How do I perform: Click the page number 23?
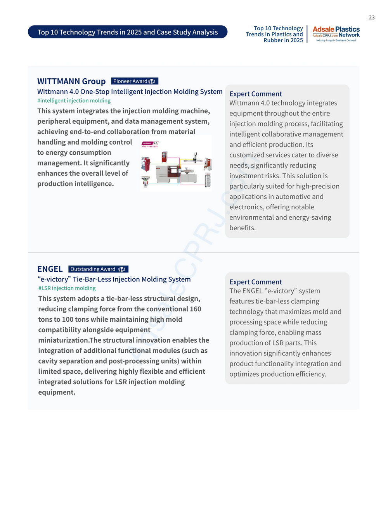371,17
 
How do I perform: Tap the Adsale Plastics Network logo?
336,34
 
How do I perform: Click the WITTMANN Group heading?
71,81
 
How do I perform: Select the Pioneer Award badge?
135,81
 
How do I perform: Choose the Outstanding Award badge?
98,269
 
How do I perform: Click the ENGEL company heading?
50,269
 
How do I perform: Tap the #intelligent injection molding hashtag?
74,101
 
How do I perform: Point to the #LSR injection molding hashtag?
67,288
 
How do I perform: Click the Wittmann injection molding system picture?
176,164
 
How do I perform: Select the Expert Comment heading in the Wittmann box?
256,94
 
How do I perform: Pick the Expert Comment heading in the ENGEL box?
256,282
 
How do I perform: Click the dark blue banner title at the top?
128,32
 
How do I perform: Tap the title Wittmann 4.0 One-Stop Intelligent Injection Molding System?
130,91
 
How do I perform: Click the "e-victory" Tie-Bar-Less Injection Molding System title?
114,279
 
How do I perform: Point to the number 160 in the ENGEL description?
195,309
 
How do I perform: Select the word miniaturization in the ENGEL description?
63,340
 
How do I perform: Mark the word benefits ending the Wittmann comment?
242,228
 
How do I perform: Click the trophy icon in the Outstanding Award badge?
121,269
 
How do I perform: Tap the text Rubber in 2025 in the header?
283,40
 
